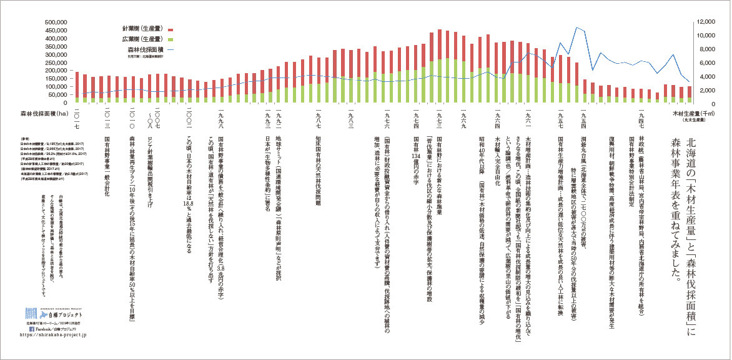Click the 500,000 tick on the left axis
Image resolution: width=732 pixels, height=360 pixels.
click(x=54, y=22)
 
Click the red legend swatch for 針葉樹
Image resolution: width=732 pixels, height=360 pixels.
click(x=169, y=29)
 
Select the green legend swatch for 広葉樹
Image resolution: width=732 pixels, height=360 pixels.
click(x=169, y=39)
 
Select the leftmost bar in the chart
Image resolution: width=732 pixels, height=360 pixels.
click(x=77, y=87)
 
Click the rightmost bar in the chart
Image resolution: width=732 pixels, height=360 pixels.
click(x=689, y=94)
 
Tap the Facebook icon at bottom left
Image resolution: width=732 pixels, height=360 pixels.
click(x=32, y=327)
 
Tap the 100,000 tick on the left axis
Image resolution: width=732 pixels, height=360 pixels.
click(x=54, y=86)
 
